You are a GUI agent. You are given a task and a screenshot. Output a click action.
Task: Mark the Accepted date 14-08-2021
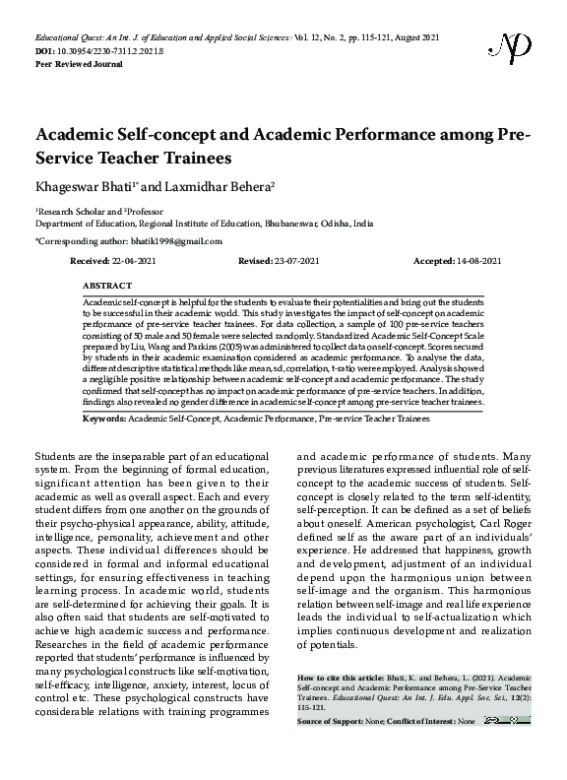coord(475,260)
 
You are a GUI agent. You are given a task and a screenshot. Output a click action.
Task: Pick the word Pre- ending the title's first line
coord(509,135)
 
